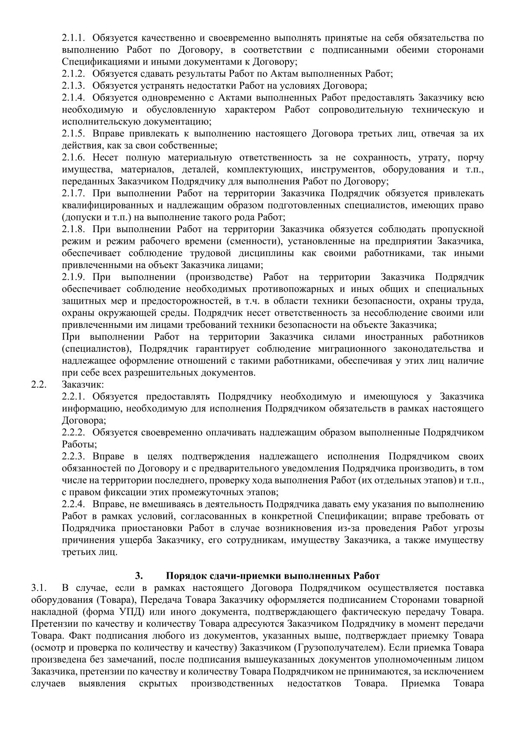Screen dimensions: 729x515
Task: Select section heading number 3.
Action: tap(138, 576)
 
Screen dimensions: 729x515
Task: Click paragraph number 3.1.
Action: tap(39, 588)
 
